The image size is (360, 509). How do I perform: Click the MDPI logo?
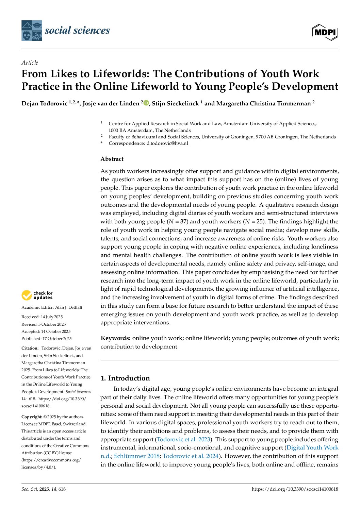click(325, 32)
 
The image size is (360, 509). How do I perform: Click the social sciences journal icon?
click(32, 31)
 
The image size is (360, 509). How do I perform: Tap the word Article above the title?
click(30, 63)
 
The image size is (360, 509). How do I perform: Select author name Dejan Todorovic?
click(44, 103)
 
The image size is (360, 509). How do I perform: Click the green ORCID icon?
click(146, 103)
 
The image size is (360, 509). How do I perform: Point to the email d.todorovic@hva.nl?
click(167, 143)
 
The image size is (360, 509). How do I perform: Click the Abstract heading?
click(112, 159)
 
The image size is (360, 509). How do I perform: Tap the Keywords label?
click(115, 338)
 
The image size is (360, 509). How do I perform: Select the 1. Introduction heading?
click(125, 378)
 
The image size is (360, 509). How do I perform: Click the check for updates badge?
click(37, 295)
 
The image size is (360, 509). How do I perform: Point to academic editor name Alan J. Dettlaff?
click(69, 307)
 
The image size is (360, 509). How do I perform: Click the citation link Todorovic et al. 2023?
click(183, 439)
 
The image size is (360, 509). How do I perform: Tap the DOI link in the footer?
click(295, 489)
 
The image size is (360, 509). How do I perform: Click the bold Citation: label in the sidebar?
click(30, 348)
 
